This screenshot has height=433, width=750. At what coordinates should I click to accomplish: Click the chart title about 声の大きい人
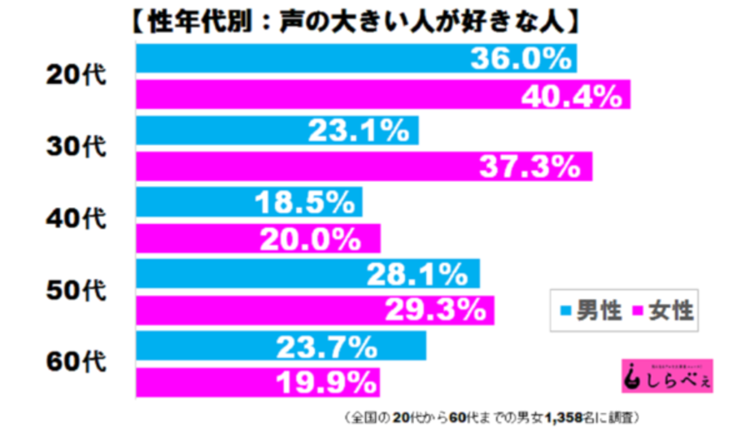[354, 23]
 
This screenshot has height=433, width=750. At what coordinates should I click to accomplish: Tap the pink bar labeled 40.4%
[382, 94]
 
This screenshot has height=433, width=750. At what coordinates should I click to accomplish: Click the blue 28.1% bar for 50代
[307, 273]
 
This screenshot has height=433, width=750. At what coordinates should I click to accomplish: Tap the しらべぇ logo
[667, 376]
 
